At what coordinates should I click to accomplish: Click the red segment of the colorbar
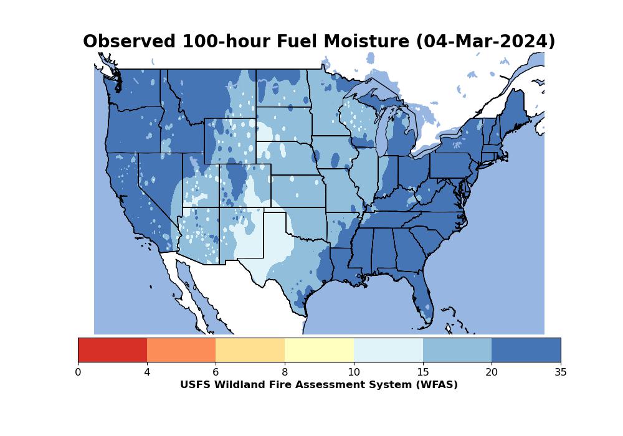(112, 350)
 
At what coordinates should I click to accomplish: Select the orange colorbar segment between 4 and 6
(181, 350)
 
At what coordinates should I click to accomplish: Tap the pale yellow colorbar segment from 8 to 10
(320, 350)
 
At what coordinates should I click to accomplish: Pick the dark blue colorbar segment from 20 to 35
(526, 350)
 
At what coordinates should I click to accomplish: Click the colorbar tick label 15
(423, 372)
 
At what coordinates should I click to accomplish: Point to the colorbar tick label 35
(561, 372)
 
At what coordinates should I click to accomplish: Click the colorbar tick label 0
(78, 372)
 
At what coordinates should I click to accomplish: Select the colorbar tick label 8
(285, 372)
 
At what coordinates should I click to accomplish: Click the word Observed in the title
(129, 41)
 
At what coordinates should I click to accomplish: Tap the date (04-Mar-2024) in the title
(485, 42)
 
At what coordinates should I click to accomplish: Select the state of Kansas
(298, 191)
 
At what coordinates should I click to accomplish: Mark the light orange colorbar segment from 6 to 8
(250, 350)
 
